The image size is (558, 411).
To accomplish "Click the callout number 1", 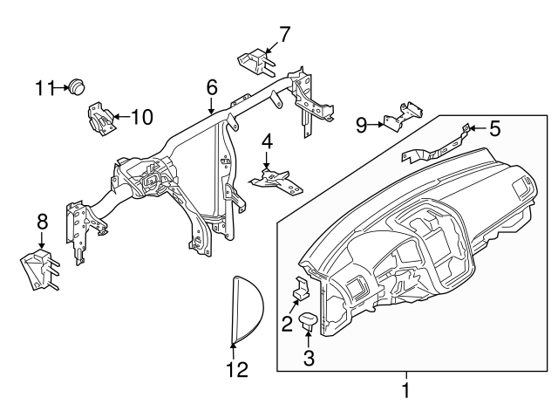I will [x=405, y=387].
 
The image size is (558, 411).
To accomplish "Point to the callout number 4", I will [x=268, y=140].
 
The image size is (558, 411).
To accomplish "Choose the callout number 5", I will [x=494, y=129].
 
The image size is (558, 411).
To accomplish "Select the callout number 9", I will [x=362, y=124].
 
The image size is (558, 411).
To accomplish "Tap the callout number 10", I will [x=141, y=115].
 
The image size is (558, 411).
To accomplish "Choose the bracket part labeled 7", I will [x=255, y=62].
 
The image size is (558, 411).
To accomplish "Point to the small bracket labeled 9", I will [x=403, y=116].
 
